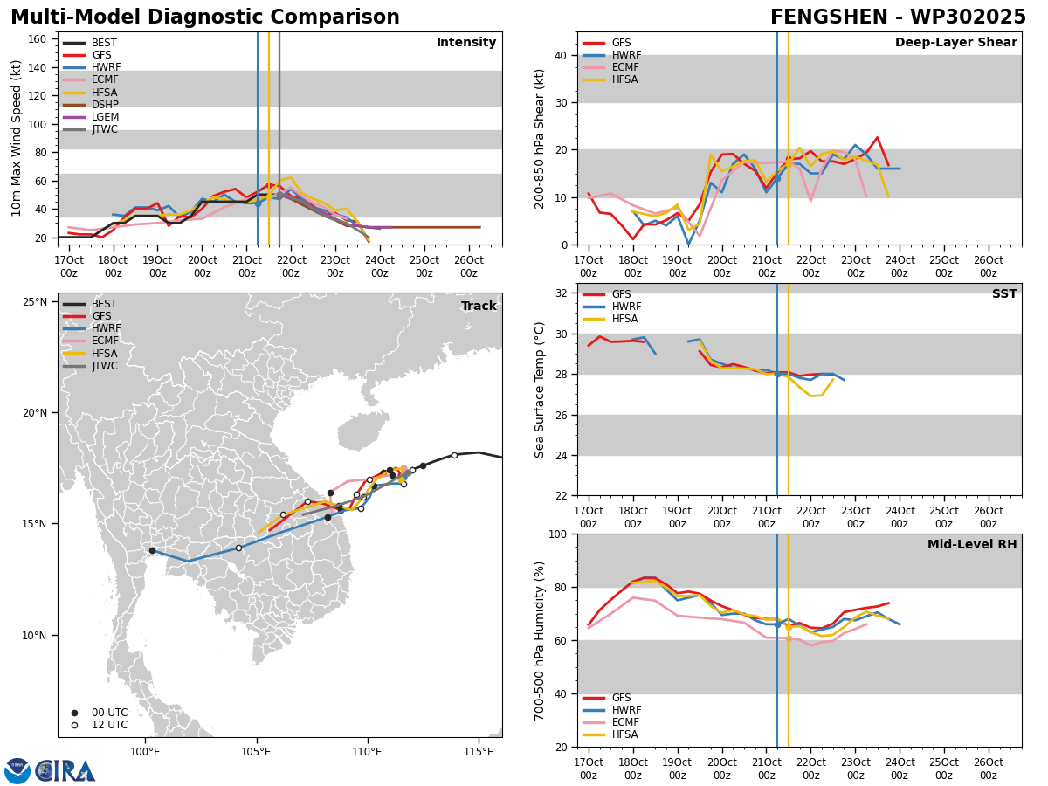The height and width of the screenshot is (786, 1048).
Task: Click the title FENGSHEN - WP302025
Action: pyautogui.click(x=898, y=17)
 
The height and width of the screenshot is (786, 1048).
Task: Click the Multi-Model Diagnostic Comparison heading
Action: pyautogui.click(x=205, y=17)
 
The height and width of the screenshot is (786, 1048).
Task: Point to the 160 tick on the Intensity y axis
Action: pyautogui.click(x=37, y=39)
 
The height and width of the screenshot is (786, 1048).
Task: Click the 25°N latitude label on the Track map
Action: pyautogui.click(x=35, y=302)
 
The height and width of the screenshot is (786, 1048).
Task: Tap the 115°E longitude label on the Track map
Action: pyautogui.click(x=479, y=752)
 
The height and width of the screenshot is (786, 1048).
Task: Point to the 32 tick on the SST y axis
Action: pyautogui.click(x=562, y=293)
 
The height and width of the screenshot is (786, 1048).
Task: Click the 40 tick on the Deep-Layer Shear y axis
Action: pyautogui.click(x=562, y=56)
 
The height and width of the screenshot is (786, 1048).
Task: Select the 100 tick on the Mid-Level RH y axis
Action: pyautogui.click(x=558, y=534)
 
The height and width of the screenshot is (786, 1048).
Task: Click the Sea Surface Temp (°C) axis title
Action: pyautogui.click(x=539, y=390)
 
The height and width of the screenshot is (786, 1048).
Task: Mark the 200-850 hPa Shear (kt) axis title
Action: pyautogui.click(x=539, y=140)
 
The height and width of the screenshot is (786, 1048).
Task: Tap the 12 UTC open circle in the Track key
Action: pyautogui.click(x=74, y=726)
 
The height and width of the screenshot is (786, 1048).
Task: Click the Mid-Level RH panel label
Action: pyautogui.click(x=972, y=544)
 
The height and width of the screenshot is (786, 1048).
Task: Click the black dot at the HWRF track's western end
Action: pyautogui.click(x=152, y=551)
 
